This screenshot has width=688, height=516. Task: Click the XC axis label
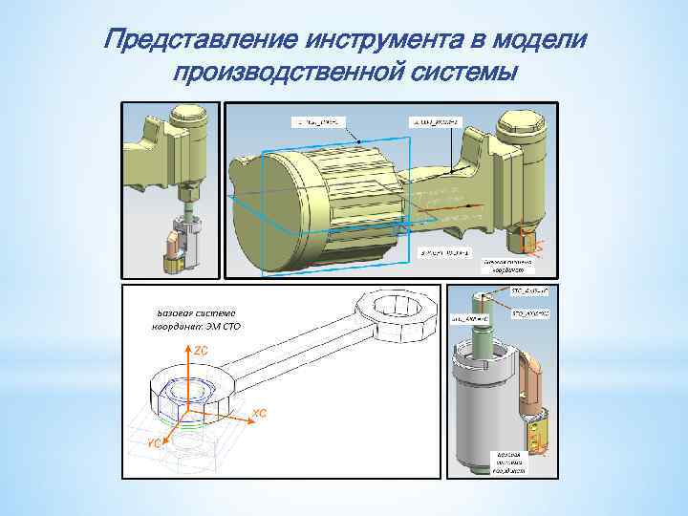tap(259, 414)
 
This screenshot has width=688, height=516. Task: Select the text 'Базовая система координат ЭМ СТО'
tap(195, 319)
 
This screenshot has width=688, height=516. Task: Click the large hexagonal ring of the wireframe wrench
tap(397, 311)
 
